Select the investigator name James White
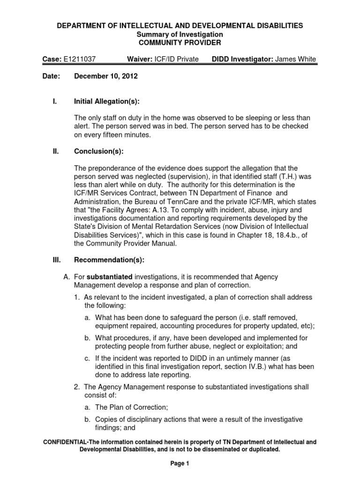click(x=295, y=59)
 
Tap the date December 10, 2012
click(x=105, y=76)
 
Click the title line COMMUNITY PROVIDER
click(x=180, y=42)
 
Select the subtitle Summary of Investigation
click(x=180, y=34)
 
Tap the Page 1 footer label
click(x=180, y=464)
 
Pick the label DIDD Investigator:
click(x=242, y=59)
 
